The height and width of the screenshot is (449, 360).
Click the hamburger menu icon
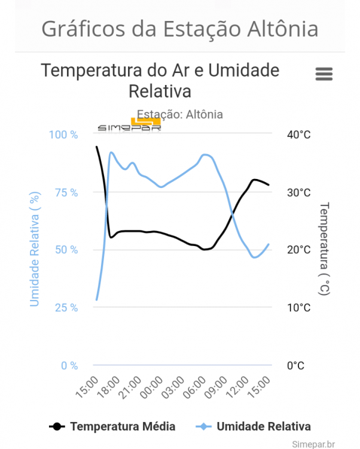tap(324, 74)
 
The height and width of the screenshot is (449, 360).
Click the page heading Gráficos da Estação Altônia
tap(180, 28)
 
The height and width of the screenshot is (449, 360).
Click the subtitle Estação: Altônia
tap(180, 114)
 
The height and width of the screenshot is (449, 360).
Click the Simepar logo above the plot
tap(130, 126)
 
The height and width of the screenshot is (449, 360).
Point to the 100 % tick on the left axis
tap(63, 135)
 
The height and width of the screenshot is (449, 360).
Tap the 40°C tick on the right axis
tap(298, 135)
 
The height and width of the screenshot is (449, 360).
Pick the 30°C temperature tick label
tap(298, 192)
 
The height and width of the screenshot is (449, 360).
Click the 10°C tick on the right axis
tap(298, 308)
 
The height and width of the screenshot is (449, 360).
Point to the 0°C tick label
tap(295, 365)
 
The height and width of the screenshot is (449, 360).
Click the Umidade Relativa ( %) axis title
tap(35, 249)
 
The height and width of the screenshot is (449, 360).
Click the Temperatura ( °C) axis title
tap(324, 249)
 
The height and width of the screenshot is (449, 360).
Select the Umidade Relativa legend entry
tap(254, 426)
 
